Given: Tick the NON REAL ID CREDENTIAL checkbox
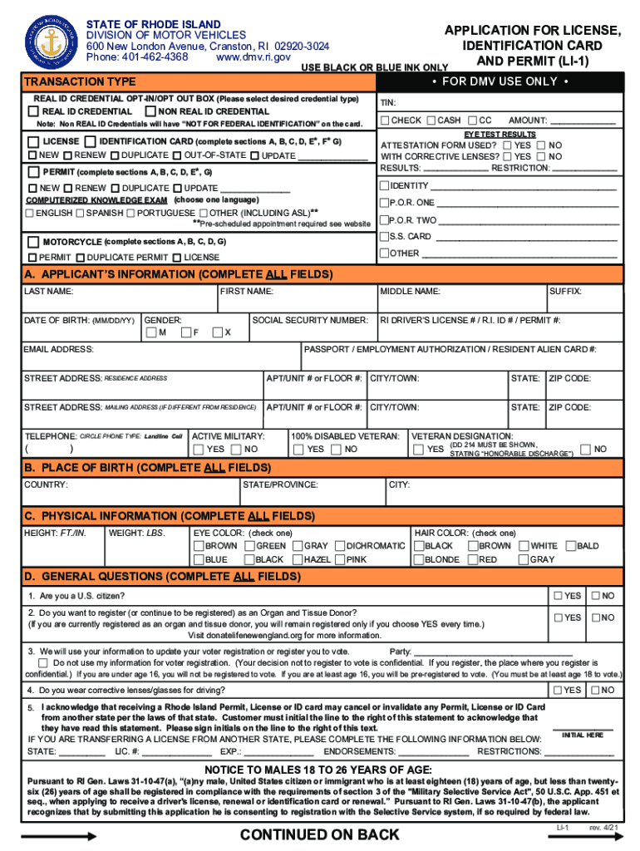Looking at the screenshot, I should pyautogui.click(x=150, y=111).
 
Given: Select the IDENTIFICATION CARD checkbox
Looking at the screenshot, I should pyautogui.click(x=91, y=141).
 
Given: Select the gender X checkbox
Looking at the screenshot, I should pyautogui.click(x=217, y=333).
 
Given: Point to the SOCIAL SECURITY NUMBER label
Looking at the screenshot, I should pyautogui.click(x=309, y=320).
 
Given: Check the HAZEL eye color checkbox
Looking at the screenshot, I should pyautogui.click(x=297, y=559).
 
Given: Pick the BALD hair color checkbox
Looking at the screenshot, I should pyautogui.click(x=571, y=546).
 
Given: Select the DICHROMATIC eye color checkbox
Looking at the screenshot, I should pyautogui.click(x=340, y=546).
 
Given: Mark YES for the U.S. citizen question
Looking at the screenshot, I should pyautogui.click(x=558, y=596).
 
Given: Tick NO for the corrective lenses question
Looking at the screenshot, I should pyautogui.click(x=594, y=690).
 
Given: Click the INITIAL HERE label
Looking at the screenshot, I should pyautogui.click(x=583, y=735).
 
